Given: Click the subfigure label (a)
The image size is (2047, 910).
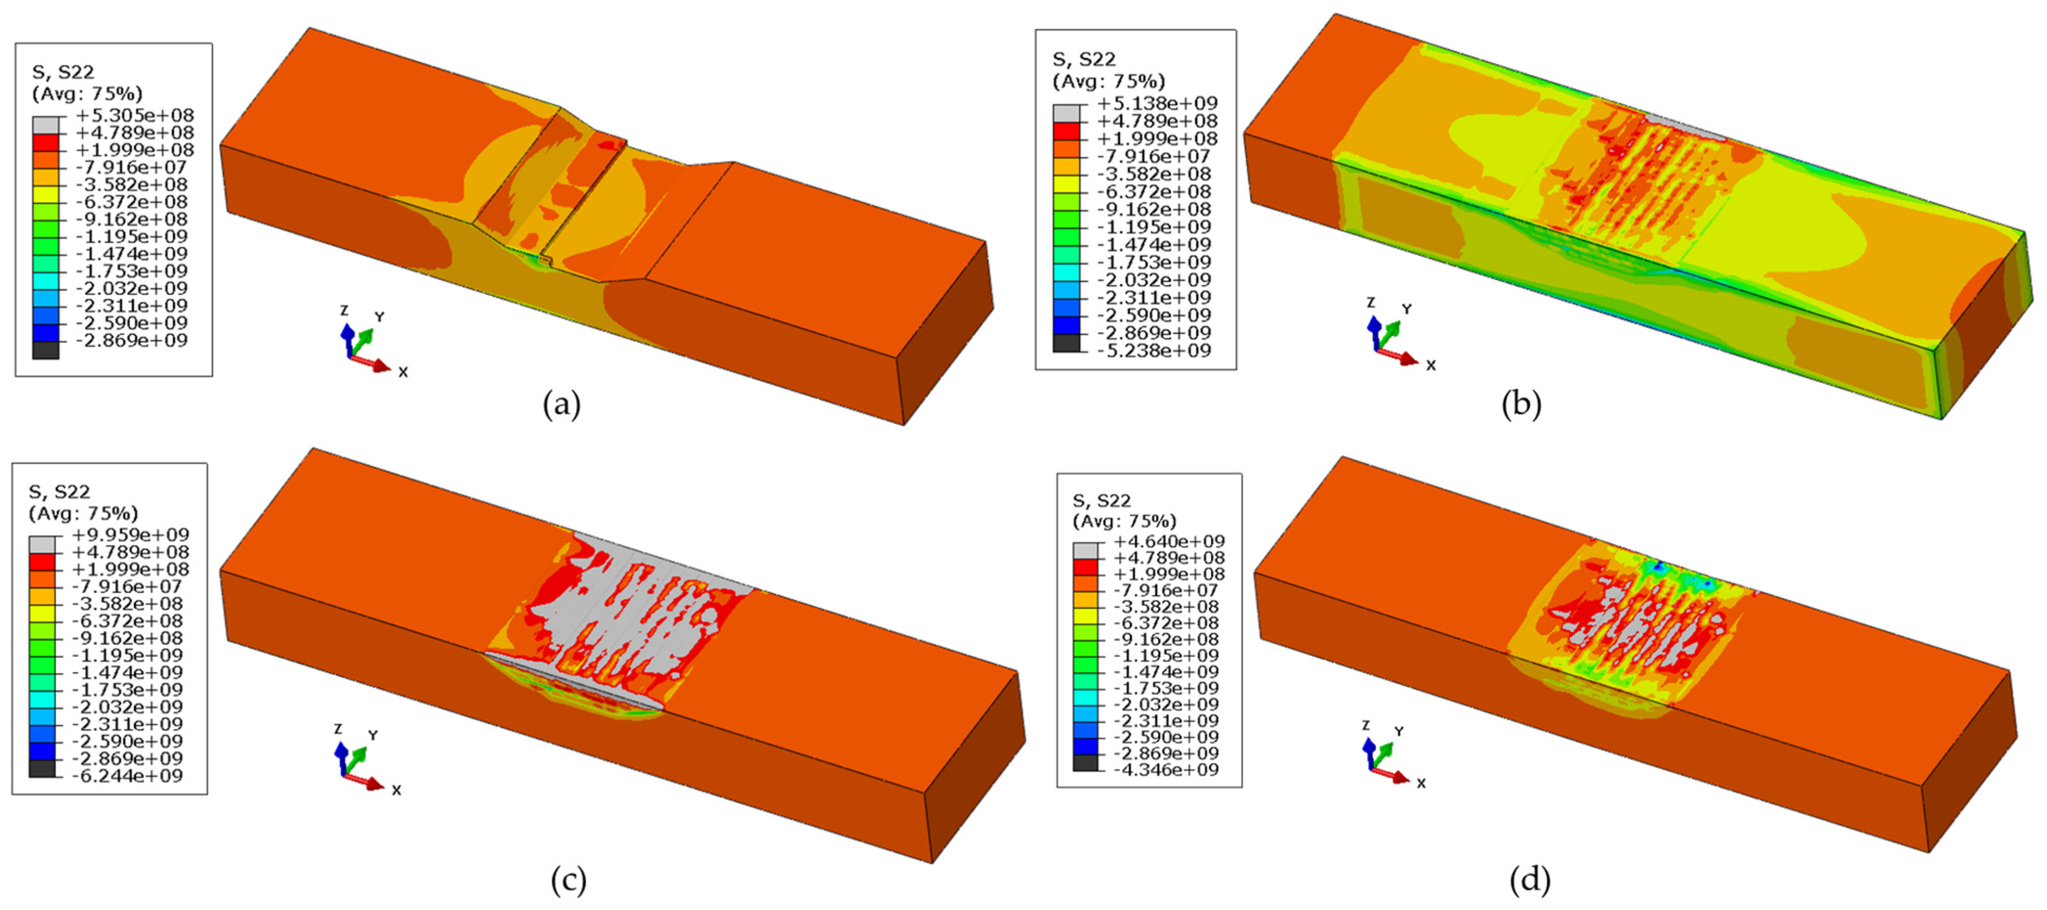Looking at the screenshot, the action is pos(562,405).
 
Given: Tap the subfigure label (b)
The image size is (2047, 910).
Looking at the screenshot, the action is pos(1522,405).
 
